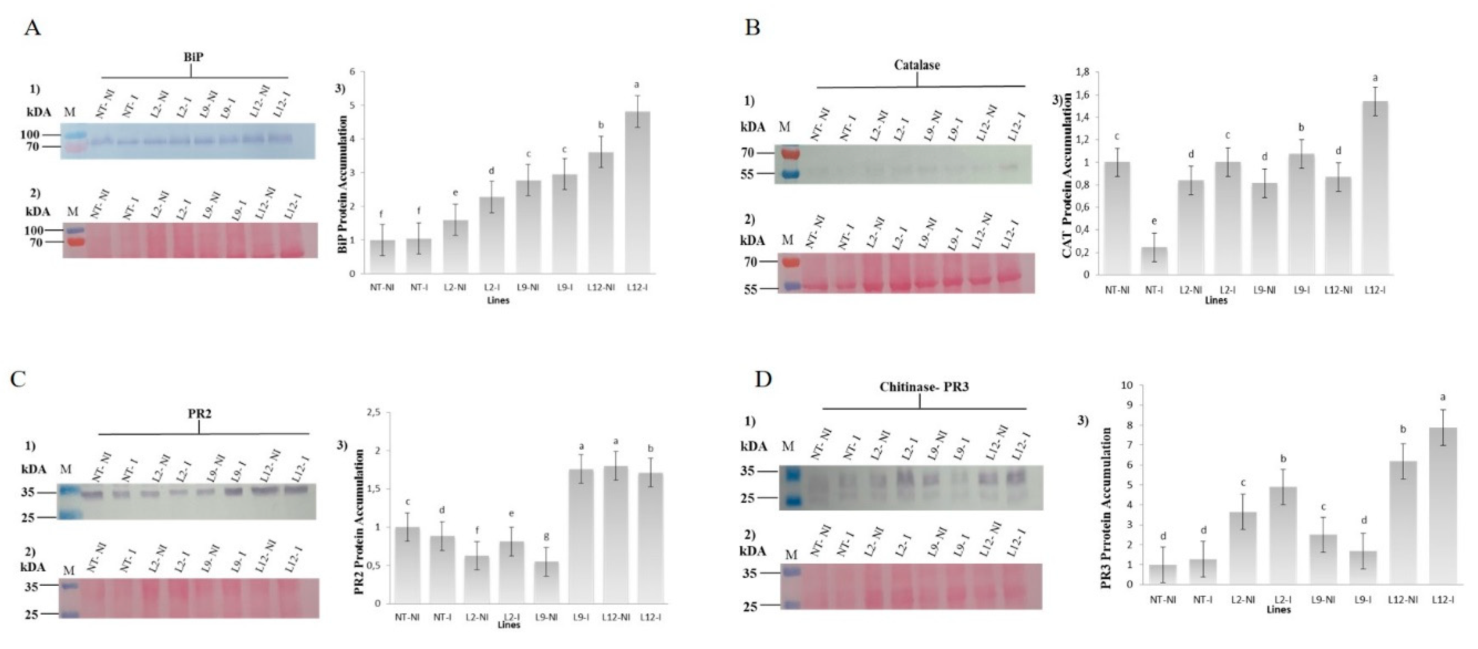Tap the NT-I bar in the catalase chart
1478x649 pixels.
click(x=1154, y=261)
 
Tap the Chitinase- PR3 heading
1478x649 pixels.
click(x=924, y=387)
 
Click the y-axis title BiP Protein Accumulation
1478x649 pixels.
click(x=343, y=185)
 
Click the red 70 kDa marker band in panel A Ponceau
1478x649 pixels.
click(x=74, y=242)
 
